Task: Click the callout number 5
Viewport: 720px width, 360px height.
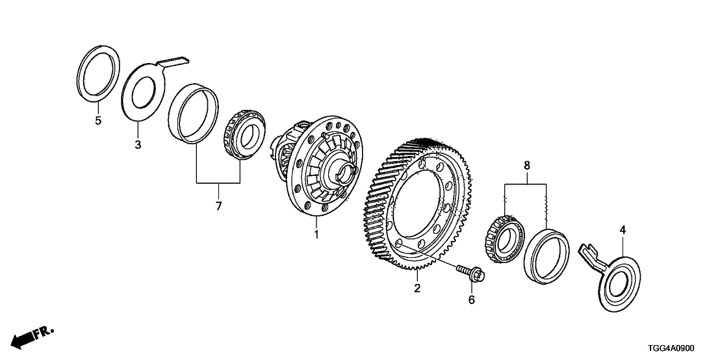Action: click(98, 121)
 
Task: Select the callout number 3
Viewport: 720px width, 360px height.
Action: click(138, 144)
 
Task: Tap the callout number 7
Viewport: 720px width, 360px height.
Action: click(218, 207)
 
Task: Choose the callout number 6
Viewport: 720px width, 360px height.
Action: click(472, 300)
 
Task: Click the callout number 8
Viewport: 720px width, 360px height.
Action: click(526, 166)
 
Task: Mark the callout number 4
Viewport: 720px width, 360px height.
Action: click(622, 229)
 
